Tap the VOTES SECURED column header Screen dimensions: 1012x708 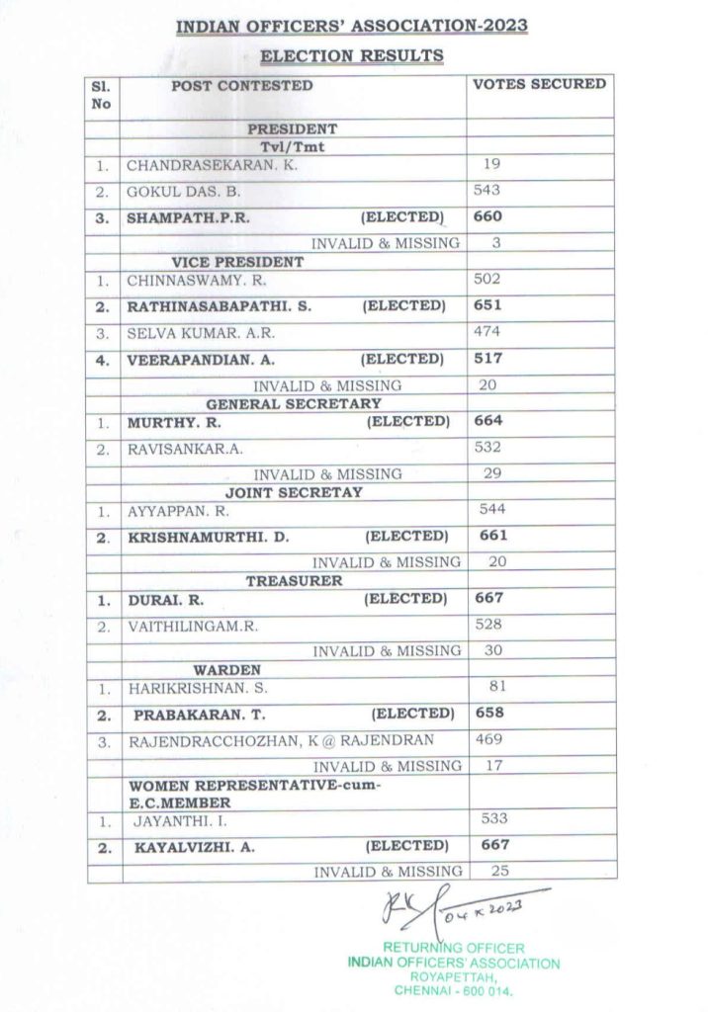click(539, 85)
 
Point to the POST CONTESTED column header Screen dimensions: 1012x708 click(242, 86)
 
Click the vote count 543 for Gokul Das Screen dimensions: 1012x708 click(488, 190)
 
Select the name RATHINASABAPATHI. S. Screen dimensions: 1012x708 click(207, 306)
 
